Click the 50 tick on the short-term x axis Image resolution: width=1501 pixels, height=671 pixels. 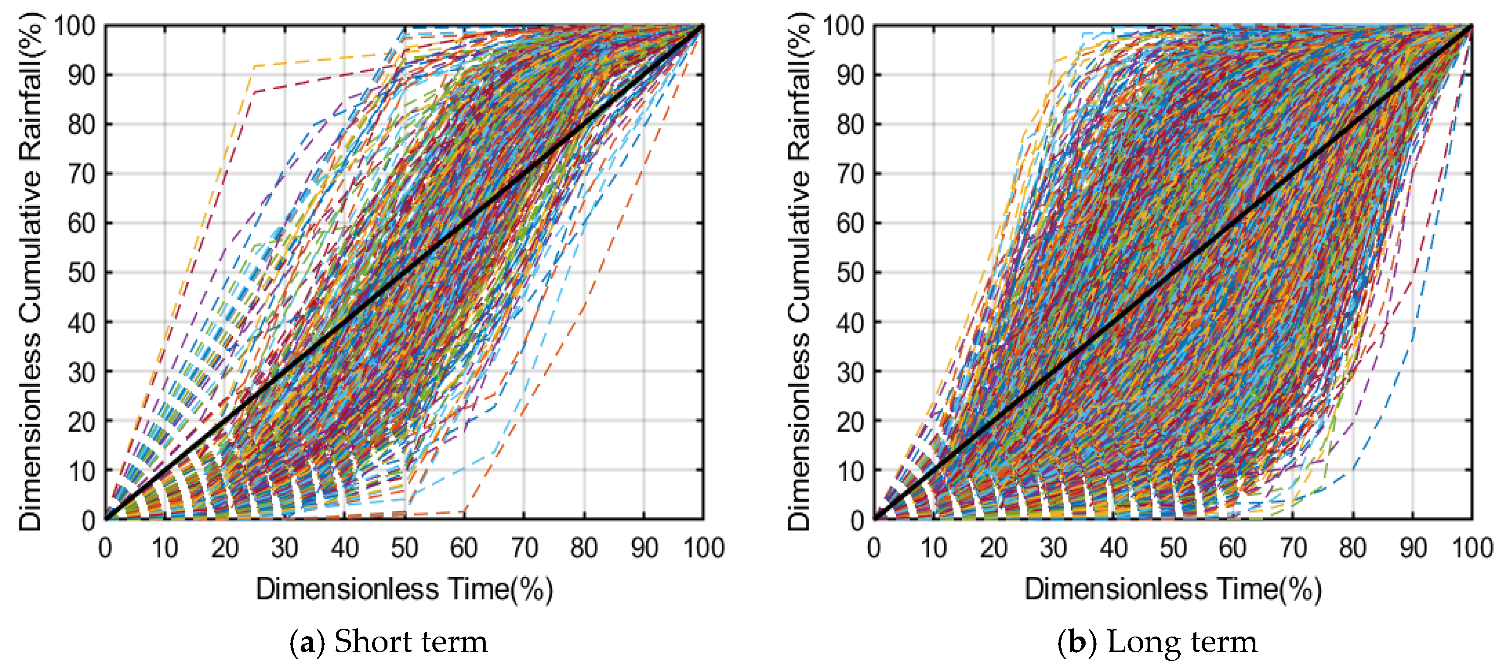[404, 548]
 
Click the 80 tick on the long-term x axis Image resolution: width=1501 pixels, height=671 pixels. [1352, 548]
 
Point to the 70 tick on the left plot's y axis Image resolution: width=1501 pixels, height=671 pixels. [82, 174]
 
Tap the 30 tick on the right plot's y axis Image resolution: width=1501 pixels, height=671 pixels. [850, 371]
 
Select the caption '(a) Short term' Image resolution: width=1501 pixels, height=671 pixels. [389, 642]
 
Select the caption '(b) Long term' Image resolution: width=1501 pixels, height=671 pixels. [1157, 642]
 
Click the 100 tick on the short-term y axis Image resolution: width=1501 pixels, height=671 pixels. [75, 26]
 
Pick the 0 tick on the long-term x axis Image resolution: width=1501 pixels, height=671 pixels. [874, 548]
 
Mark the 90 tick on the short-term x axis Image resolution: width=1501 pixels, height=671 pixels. [644, 548]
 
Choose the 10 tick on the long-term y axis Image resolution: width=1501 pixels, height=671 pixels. [850, 470]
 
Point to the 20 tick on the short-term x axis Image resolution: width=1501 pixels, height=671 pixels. [224, 548]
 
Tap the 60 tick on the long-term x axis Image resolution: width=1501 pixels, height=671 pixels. [1232, 548]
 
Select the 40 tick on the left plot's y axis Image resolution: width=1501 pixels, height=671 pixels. [82, 322]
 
